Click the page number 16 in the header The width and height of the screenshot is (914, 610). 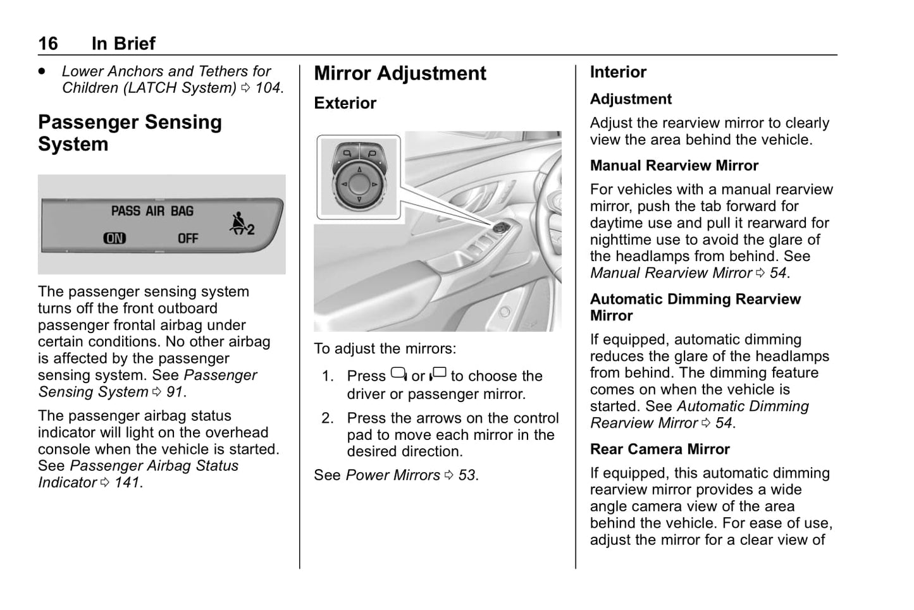pyautogui.click(x=47, y=44)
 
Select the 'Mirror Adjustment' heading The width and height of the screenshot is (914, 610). pyautogui.click(x=400, y=73)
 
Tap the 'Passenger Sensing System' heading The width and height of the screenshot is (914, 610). pyautogui.click(x=130, y=133)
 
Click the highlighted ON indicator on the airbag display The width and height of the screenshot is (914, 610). pyautogui.click(x=114, y=238)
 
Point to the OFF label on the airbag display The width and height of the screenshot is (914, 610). pyautogui.click(x=188, y=238)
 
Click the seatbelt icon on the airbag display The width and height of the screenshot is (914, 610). pyautogui.click(x=241, y=224)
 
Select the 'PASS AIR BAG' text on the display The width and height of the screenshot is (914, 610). pyautogui.click(x=152, y=211)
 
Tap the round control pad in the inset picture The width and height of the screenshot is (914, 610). pyautogui.click(x=359, y=183)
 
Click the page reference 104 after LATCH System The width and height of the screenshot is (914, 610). pyautogui.click(x=268, y=88)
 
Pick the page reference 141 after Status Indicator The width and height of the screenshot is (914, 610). pyautogui.click(x=127, y=483)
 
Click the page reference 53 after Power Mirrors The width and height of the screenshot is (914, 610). pyautogui.click(x=467, y=475)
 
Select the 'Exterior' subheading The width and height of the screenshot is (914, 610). pyautogui.click(x=345, y=103)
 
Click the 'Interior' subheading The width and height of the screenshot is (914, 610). pyautogui.click(x=618, y=72)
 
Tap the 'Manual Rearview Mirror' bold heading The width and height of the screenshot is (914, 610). pyautogui.click(x=674, y=166)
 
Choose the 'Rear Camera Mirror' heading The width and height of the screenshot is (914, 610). pyautogui.click(x=660, y=449)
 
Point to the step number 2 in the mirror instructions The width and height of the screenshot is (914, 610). pyautogui.click(x=327, y=418)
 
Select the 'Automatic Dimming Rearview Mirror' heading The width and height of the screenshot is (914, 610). pyautogui.click(x=695, y=307)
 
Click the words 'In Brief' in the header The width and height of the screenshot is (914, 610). pyautogui.click(x=123, y=44)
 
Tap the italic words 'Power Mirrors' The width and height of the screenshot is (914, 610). pyautogui.click(x=393, y=475)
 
